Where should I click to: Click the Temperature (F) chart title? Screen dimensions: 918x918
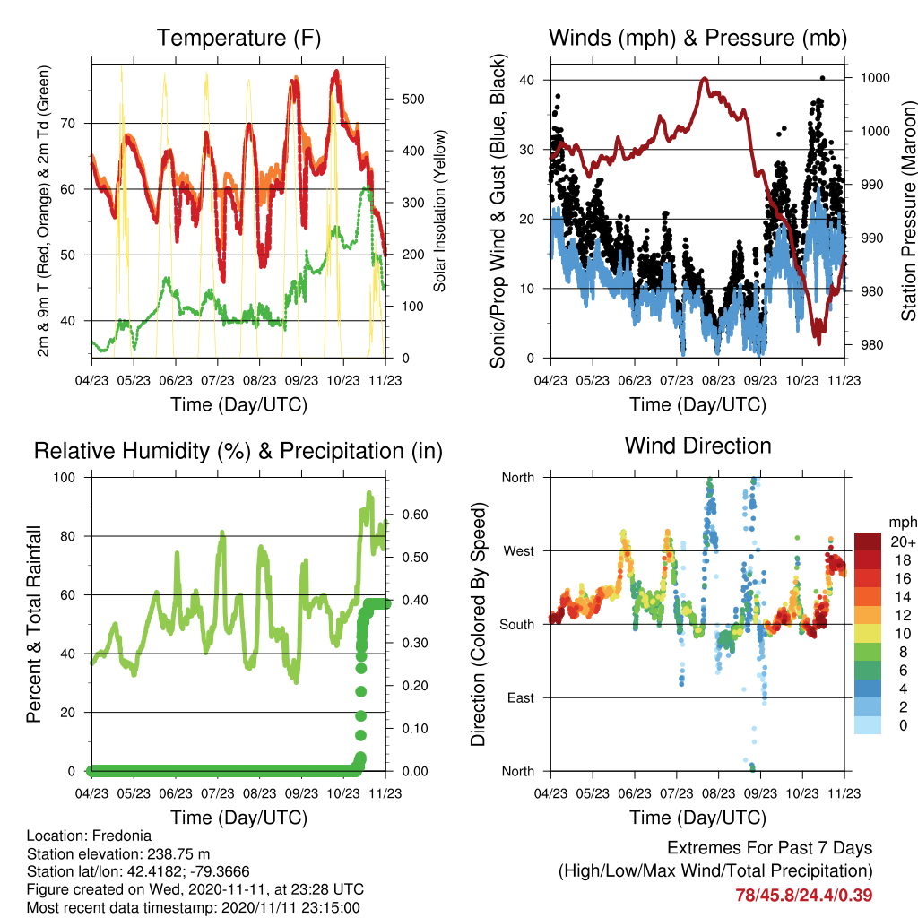238,38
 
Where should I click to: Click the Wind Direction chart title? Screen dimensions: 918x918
697,446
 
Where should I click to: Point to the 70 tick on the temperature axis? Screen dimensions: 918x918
68,124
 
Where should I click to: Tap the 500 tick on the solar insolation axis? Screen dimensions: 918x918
413,99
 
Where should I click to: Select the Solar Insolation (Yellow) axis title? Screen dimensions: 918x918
439,211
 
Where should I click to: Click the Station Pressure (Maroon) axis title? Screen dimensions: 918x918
908,211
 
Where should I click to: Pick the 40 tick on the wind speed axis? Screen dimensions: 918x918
527,80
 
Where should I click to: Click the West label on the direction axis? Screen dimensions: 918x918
519,551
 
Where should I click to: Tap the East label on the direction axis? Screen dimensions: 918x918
521,697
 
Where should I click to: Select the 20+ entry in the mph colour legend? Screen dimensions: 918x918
903,541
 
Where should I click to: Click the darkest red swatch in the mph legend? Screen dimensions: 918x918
868,541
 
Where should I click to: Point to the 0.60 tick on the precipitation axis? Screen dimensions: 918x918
415,515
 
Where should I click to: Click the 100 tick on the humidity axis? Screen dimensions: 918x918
65,478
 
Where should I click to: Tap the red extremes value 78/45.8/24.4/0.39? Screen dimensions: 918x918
804,896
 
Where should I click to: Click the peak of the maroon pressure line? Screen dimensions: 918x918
705,79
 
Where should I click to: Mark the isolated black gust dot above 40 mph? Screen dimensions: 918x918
823,78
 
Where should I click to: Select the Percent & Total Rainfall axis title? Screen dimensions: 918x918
34,624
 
